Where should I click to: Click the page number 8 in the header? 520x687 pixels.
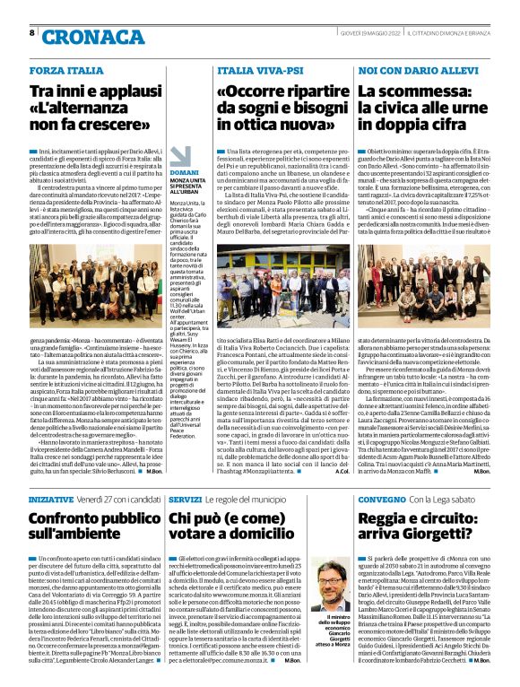pyautogui.click(x=32, y=33)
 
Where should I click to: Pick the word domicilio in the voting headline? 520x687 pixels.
pyautogui.click(x=257, y=535)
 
